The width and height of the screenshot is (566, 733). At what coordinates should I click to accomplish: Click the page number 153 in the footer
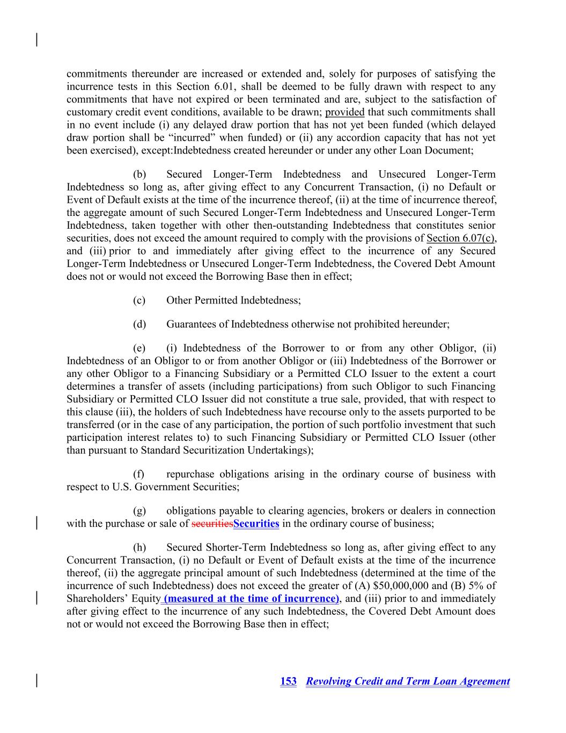point(288,681)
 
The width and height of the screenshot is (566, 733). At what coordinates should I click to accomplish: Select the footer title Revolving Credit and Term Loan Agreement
point(408,681)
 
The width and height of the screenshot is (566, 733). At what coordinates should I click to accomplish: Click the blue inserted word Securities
point(256,524)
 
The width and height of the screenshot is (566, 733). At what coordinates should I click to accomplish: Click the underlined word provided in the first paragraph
point(345,112)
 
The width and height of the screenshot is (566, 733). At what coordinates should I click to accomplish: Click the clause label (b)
point(139,175)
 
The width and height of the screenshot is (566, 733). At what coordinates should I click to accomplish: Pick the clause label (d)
point(139,324)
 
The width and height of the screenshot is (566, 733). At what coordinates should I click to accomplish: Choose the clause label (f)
point(139,474)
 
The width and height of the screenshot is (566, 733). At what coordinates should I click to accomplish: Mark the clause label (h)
point(139,548)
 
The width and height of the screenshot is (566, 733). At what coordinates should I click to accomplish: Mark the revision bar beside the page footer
point(36,681)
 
